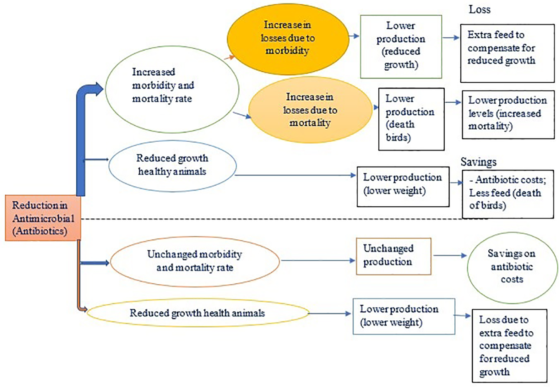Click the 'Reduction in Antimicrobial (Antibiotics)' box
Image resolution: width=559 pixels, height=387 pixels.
[x=43, y=218]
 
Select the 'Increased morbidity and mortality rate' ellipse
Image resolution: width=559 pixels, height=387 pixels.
[x=172, y=89]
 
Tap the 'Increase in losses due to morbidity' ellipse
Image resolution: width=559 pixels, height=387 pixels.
[x=288, y=39]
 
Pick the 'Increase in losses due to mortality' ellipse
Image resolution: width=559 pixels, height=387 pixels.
[x=310, y=110]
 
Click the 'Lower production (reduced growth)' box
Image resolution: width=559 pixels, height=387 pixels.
[x=401, y=47]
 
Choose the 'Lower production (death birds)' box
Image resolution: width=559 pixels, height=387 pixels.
[x=411, y=119]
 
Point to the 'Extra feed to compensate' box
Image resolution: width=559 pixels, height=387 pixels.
[x=507, y=53]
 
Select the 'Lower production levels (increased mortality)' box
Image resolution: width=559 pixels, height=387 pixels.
[x=508, y=115]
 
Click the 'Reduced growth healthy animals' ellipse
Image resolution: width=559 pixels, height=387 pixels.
[x=172, y=166]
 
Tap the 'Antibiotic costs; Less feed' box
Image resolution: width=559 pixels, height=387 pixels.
[x=508, y=194]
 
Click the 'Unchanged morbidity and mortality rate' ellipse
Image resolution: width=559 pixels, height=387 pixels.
[x=195, y=261]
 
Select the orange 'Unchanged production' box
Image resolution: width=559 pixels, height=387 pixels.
[x=393, y=256]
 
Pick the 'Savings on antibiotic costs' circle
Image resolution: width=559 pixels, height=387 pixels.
[x=512, y=268]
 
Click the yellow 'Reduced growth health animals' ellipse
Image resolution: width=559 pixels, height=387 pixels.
[x=198, y=313]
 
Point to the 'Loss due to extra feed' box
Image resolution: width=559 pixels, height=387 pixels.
[x=509, y=345]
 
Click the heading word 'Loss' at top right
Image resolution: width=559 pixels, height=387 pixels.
[x=479, y=9]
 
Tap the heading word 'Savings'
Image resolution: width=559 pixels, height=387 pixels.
[x=478, y=162]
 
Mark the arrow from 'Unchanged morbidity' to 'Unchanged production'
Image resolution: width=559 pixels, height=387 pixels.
[x=318, y=260]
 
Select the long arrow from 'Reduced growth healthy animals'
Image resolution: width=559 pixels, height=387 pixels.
[x=295, y=175]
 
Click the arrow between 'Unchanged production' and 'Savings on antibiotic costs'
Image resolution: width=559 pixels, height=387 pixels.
[x=449, y=256]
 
